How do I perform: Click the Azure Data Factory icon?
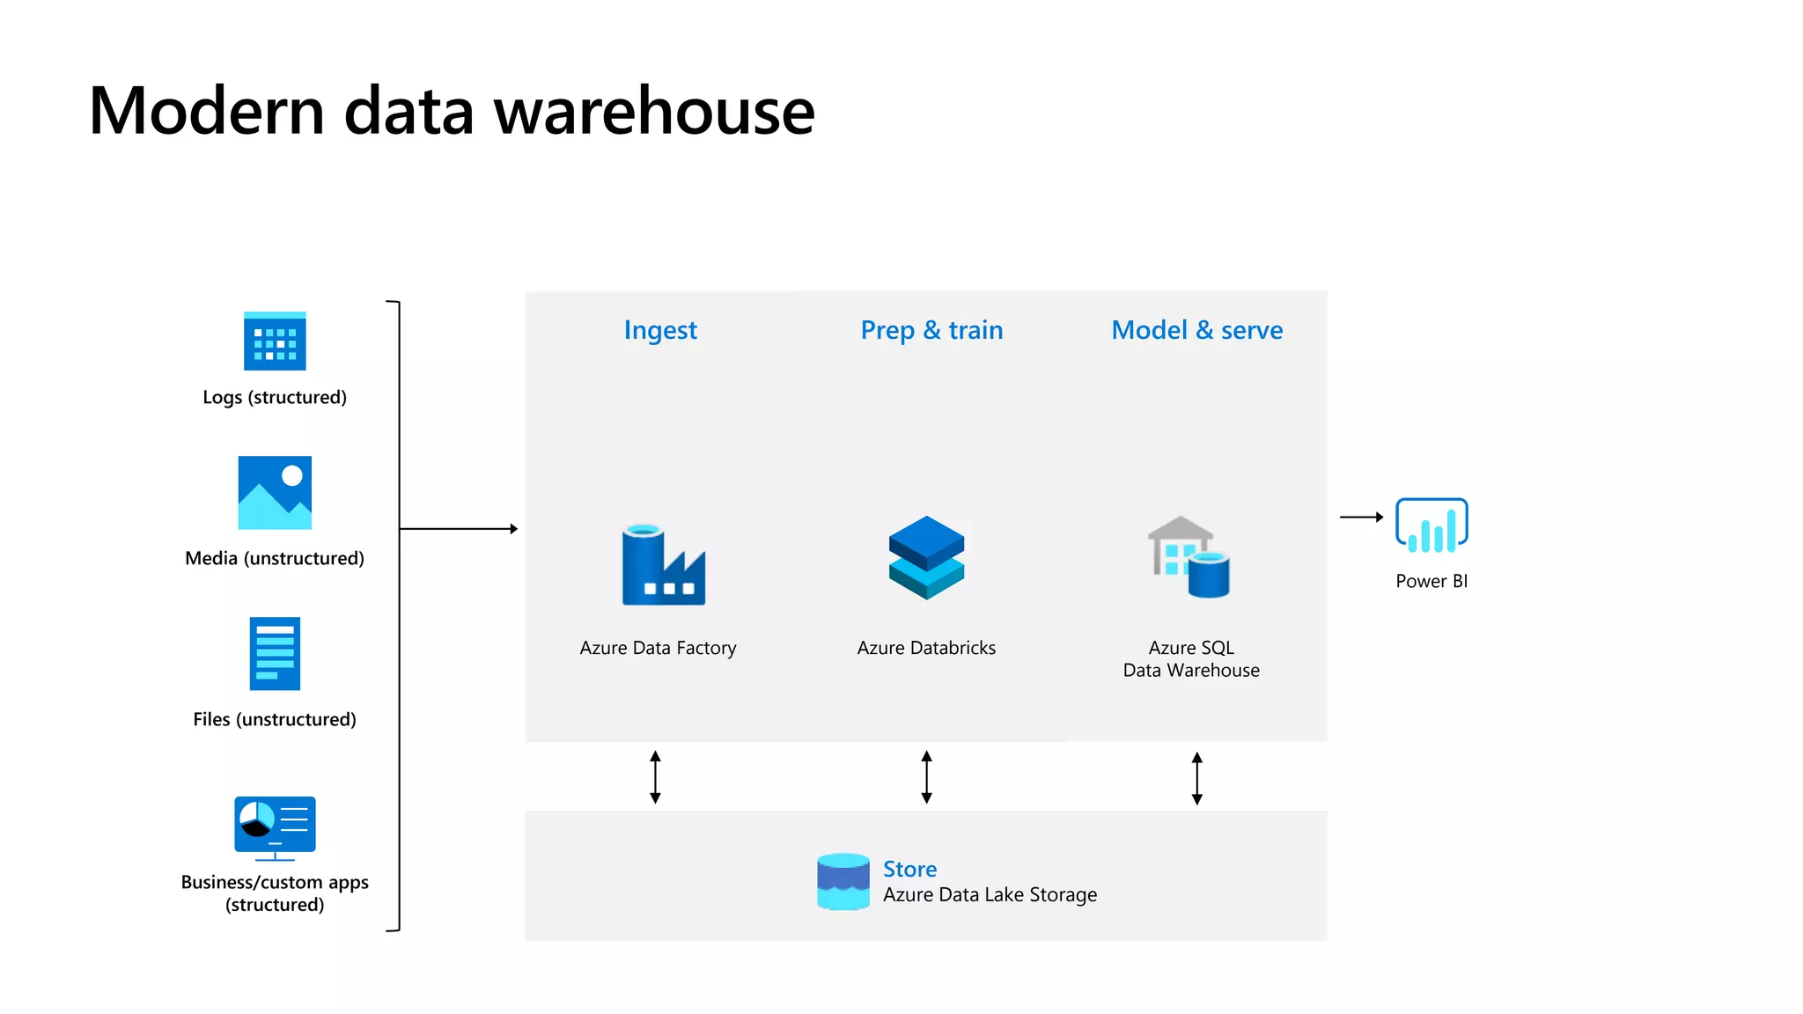(x=663, y=565)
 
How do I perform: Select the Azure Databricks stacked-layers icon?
(x=926, y=558)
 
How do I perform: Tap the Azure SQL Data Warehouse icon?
(x=1189, y=557)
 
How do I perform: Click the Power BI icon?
(x=1431, y=525)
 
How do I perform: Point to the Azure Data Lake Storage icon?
(x=843, y=881)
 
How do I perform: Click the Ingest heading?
(x=660, y=330)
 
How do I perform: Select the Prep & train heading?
(x=931, y=330)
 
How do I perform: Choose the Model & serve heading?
(x=1196, y=330)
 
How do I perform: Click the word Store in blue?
(x=909, y=869)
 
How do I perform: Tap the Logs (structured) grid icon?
(x=275, y=342)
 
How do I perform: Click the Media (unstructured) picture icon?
(x=275, y=492)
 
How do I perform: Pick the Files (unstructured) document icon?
(x=275, y=653)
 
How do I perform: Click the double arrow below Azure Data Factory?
(x=655, y=777)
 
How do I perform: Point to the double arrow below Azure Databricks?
(x=926, y=777)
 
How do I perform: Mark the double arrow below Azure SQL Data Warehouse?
(x=1196, y=778)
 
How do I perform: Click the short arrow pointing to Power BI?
(x=1361, y=518)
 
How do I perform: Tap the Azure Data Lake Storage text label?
(x=990, y=895)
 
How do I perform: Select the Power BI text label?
(x=1431, y=581)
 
